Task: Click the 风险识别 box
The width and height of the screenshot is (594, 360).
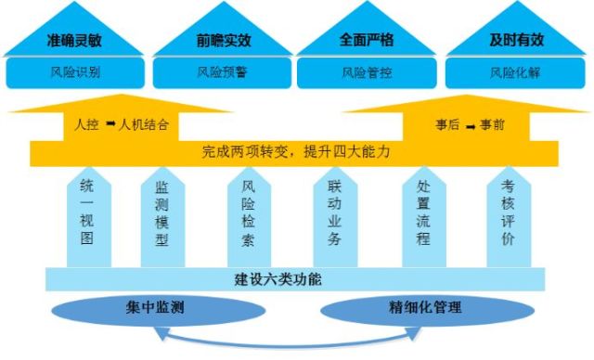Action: pos(75,72)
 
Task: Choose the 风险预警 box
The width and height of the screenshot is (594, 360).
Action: pos(222,72)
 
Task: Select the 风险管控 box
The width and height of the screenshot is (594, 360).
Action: pos(367,72)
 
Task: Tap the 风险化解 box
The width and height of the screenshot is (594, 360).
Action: pos(515,72)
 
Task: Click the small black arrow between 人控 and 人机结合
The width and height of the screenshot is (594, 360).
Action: pos(110,123)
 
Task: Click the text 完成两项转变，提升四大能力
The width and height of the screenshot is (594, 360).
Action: pos(296,152)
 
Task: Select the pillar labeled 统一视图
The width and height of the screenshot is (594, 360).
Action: pos(89,217)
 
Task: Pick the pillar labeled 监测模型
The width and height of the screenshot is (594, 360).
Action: pos(163,217)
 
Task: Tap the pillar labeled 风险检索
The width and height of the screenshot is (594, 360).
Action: pos(250,217)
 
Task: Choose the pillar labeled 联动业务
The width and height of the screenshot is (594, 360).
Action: pos(335,217)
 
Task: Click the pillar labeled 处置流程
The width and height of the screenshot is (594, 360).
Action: pos(424,217)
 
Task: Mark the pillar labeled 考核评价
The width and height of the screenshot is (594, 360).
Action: pos(509,217)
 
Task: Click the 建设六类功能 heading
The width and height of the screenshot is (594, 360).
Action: pos(278,279)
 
